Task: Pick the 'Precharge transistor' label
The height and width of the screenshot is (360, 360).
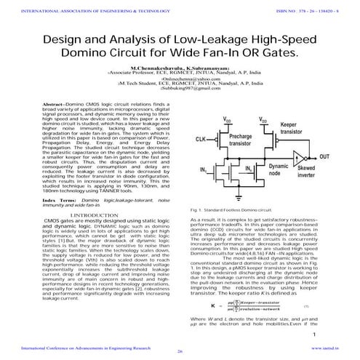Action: pyautogui.click(x=241, y=140)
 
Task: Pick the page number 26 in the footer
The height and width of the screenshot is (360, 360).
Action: pyautogui.click(x=180, y=351)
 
